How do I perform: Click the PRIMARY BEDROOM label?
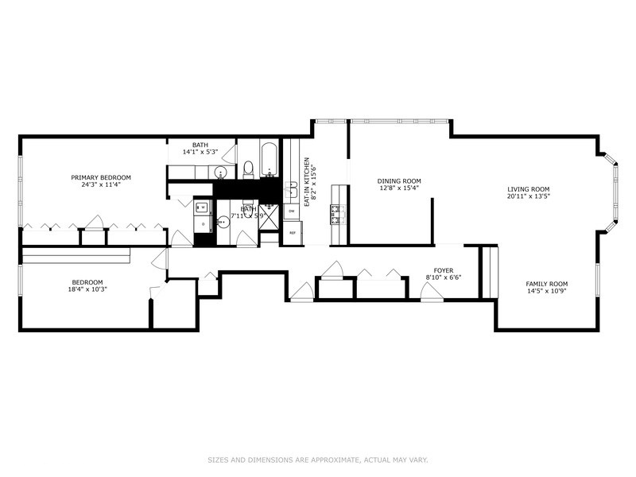[x=101, y=177]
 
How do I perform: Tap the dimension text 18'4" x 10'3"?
[x=87, y=290]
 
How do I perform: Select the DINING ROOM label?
[x=399, y=180]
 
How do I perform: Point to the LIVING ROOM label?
[x=529, y=188]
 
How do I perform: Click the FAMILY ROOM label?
[x=547, y=284]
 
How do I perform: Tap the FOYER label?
[x=443, y=270]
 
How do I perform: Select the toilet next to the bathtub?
[x=247, y=169]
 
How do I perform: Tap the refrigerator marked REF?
[x=292, y=232]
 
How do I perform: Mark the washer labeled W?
[x=202, y=207]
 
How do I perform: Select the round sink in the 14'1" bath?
[x=222, y=173]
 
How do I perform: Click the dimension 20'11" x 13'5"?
[x=529, y=196]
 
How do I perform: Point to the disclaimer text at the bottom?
[x=318, y=459]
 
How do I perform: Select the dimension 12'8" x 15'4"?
[x=399, y=188]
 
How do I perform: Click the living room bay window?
[x=612, y=191]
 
